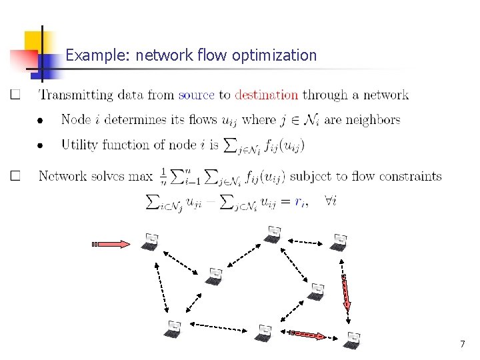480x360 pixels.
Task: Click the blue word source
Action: pyautogui.click(x=196, y=95)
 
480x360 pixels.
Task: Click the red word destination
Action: pyautogui.click(x=266, y=95)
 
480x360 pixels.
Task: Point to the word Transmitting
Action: pyautogui.click(x=76, y=95)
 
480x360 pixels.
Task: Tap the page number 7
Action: pyautogui.click(x=462, y=345)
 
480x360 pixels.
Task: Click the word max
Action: pyautogui.click(x=141, y=177)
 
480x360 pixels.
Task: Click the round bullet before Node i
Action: pyautogui.click(x=39, y=121)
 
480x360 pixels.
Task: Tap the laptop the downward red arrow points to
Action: pyautogui.click(x=351, y=340)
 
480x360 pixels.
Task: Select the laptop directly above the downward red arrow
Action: pyautogui.click(x=340, y=242)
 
